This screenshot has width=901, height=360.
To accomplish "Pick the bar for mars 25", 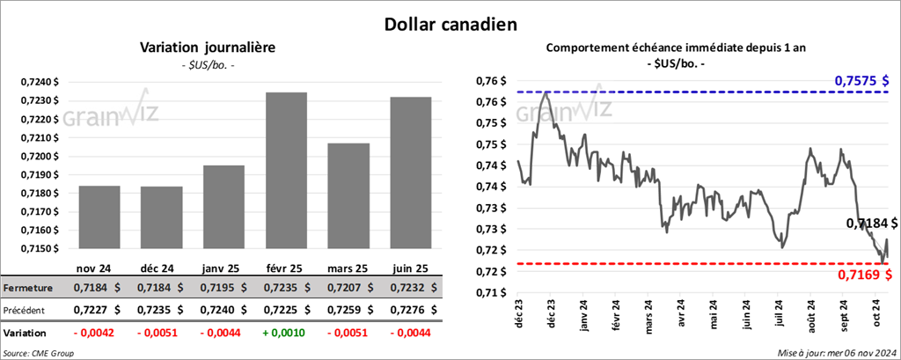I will (x=348, y=195).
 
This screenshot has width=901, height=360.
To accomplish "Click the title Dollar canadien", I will (x=450, y=23).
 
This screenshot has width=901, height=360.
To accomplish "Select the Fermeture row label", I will (x=27, y=288).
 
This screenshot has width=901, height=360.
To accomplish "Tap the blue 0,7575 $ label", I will (x=862, y=81).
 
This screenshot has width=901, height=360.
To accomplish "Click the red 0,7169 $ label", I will (x=863, y=276).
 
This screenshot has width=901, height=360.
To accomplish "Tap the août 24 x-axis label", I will (x=809, y=315).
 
